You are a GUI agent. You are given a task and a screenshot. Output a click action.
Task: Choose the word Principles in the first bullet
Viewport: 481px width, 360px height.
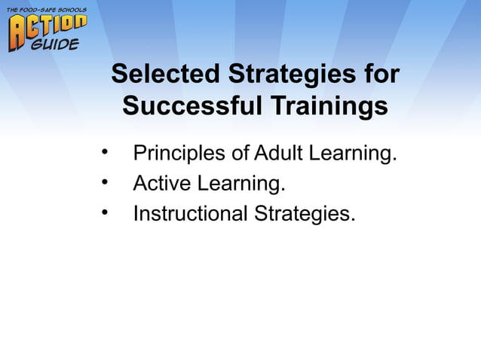pos(179,154)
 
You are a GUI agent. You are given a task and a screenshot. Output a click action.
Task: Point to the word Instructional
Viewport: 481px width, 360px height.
pos(190,214)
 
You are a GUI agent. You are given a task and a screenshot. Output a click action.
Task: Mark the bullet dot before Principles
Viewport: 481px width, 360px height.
pos(106,154)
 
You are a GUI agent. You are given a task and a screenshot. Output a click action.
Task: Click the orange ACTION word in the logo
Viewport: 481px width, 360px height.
pos(47,29)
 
